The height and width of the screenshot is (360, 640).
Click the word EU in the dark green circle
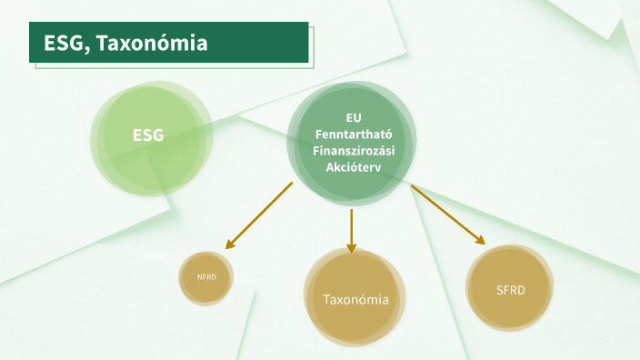(x=353, y=117)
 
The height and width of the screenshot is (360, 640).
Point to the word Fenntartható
(x=353, y=134)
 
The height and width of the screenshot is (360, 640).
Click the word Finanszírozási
(x=353, y=150)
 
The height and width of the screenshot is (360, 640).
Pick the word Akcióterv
(x=353, y=166)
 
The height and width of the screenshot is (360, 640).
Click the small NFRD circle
(x=206, y=277)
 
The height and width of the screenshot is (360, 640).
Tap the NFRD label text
(x=206, y=277)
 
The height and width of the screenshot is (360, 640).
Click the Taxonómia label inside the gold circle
(x=355, y=299)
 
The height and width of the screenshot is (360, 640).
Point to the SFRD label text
(x=510, y=291)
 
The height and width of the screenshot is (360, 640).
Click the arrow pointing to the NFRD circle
(x=261, y=215)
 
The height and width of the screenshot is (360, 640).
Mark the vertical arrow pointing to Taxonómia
(x=351, y=229)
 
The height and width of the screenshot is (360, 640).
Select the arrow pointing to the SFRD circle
(x=446, y=215)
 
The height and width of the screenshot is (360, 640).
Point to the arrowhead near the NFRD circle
(x=231, y=243)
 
